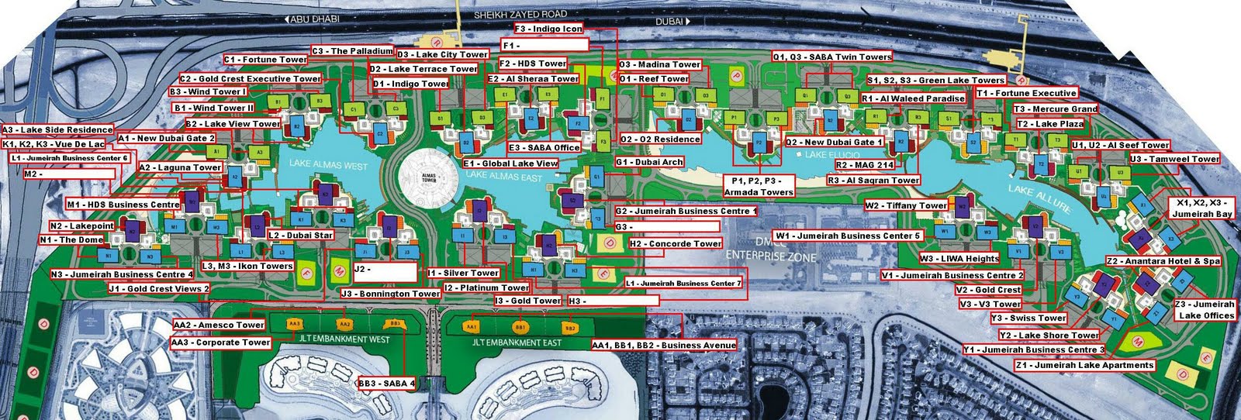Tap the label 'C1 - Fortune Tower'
coord(266,60)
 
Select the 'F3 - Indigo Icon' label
coord(548,29)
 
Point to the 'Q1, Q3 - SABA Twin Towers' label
coord(832,57)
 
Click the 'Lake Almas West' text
coord(328,164)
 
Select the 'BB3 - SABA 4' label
coord(387,384)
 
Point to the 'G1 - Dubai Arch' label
coord(649,162)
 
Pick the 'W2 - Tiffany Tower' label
coord(906,205)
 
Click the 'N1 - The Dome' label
coord(71,240)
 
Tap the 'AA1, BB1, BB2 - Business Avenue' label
coord(663,345)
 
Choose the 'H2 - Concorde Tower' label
coord(675,244)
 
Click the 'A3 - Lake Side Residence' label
coord(57,129)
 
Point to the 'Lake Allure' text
coord(1042,198)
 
